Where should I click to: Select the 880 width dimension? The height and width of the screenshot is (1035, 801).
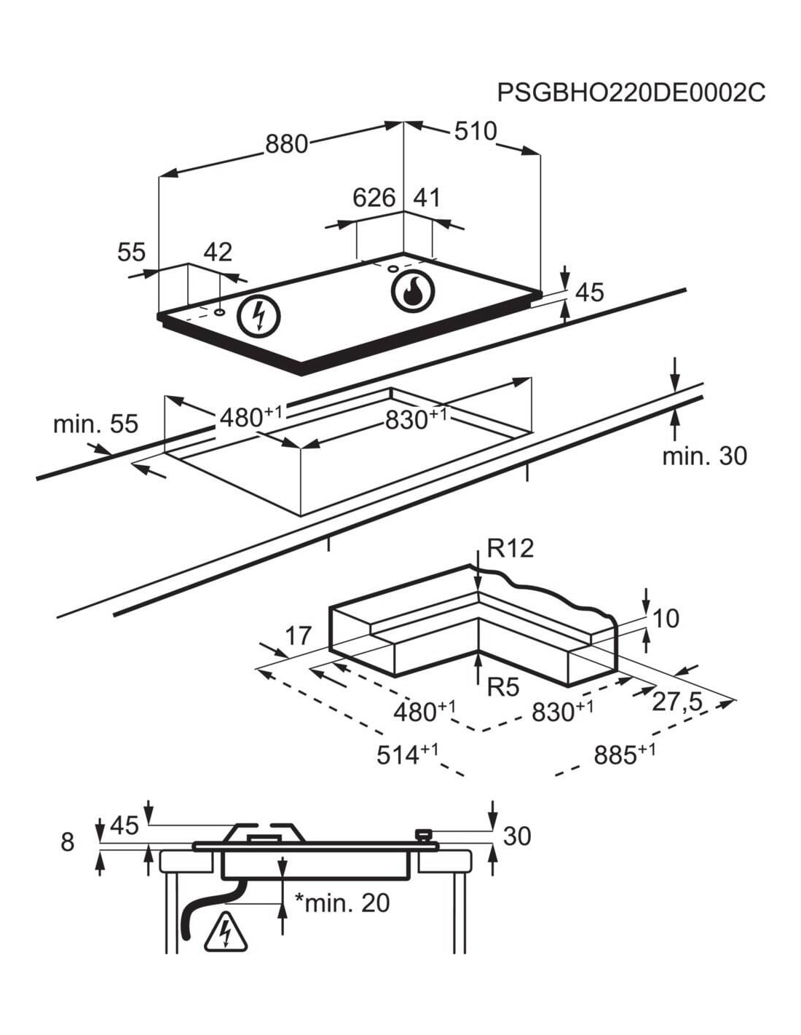[x=286, y=143]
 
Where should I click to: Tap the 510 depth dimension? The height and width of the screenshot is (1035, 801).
[x=475, y=131]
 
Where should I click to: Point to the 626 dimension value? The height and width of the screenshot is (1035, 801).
[x=374, y=198]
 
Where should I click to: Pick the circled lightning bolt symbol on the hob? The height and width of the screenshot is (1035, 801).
[x=259, y=317]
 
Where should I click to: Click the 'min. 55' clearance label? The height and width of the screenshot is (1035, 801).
[x=96, y=424]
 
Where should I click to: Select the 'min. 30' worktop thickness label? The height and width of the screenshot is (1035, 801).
[x=705, y=456]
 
